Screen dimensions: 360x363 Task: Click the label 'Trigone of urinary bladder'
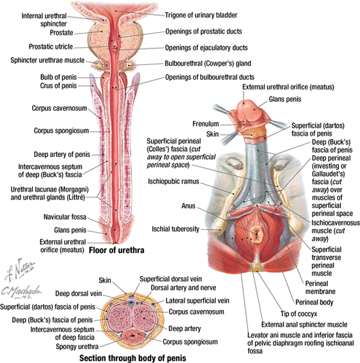201,15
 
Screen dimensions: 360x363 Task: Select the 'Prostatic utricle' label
51,46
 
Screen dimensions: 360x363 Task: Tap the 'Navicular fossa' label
65,217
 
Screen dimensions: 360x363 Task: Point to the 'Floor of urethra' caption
116,250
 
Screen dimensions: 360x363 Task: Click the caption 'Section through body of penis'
132,358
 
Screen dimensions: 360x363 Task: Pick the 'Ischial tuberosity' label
175,229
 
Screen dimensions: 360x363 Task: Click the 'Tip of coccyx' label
299,314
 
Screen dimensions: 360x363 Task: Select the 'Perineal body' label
314,302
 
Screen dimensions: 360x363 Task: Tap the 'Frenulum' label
206,124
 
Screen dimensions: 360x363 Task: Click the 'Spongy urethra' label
77,346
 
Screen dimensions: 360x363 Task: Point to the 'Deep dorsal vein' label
78,293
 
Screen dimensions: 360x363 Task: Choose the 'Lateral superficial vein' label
197,301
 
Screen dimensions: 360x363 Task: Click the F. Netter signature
20,270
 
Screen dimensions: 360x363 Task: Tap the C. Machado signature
21,292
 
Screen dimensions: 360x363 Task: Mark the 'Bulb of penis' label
59,77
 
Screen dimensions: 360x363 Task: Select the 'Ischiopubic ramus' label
174,181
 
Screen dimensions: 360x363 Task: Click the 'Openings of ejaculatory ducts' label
206,48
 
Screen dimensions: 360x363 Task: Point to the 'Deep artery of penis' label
62,154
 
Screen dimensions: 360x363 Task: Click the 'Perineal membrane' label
320,288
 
